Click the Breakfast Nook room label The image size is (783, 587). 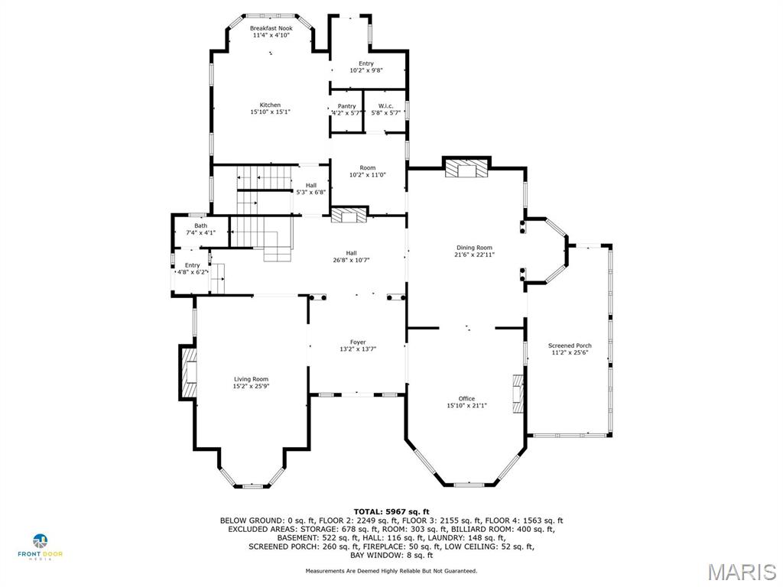pos(271,28)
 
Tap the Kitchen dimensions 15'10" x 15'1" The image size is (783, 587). pos(270,112)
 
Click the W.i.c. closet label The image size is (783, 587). pos(385,106)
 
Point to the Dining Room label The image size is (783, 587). pos(474,248)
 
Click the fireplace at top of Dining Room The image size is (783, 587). pos(466,169)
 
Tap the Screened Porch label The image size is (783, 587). pos(570,346)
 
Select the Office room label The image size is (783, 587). pos(466,398)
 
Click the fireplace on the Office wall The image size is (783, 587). pos(519,394)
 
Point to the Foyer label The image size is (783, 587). pos(358,342)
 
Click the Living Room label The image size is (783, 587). pos(251,379)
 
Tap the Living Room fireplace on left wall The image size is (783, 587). pos(188,372)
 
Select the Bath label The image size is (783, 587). pos(200,225)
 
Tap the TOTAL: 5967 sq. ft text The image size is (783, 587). pos(391,511)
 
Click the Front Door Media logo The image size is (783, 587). pos(42,547)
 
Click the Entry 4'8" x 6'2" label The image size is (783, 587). pos(191,265)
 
